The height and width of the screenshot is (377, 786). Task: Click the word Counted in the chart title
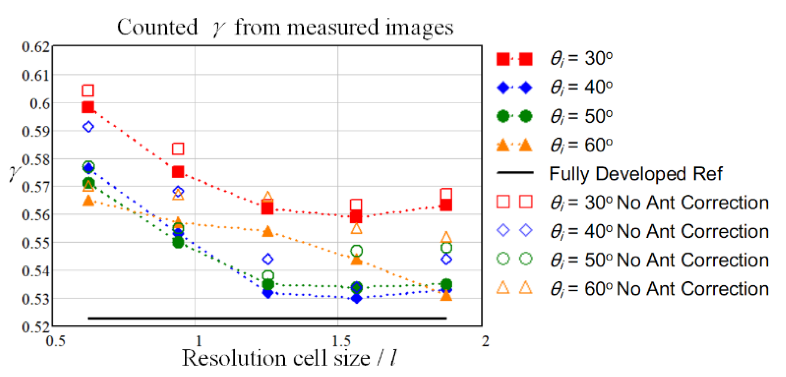[x=157, y=27]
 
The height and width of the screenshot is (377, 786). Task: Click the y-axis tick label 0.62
[x=35, y=47]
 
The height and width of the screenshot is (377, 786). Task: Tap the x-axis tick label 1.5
[x=341, y=341]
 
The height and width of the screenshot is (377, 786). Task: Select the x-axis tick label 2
[x=485, y=341]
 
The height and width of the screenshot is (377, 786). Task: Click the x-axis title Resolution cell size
[x=276, y=358]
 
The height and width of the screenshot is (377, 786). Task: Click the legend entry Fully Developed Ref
[x=635, y=174]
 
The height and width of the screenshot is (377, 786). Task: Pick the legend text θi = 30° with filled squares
[x=581, y=58]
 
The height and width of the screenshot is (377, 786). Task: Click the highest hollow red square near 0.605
[x=88, y=90]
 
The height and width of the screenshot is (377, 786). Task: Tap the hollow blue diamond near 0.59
[x=88, y=127]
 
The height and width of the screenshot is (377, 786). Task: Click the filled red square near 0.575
[x=178, y=172]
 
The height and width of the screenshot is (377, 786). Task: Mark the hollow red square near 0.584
[x=178, y=148]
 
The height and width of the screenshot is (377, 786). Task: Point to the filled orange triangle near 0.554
[x=268, y=231]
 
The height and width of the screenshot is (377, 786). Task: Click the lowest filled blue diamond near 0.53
[x=356, y=298]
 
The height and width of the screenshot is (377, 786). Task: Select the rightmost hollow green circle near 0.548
[x=446, y=248]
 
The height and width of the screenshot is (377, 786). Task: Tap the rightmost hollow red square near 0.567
[x=446, y=194]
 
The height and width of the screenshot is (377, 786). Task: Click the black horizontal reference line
[x=267, y=318]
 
